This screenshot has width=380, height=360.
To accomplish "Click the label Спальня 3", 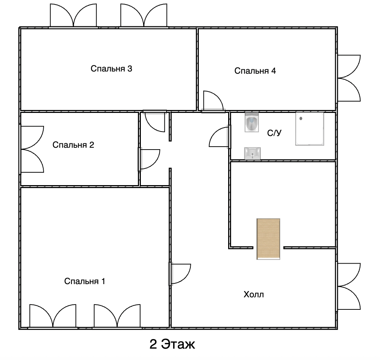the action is coord(112,69).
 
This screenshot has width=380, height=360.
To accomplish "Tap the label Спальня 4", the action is coord(255,71).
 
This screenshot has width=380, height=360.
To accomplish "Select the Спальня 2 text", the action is coord(73,145).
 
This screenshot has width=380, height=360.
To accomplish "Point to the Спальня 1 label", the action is coord(85,281).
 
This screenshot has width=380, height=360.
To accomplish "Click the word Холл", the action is coord(253,295).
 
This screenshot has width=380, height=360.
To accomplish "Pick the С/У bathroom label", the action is coord(274,133).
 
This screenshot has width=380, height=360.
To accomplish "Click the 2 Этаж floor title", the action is coord(172,344).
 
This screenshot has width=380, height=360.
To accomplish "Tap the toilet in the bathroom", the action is coord(252,122).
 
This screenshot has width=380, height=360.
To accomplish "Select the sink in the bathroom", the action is coord(252,153).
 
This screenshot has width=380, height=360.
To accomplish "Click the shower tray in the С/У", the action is coord(310,129).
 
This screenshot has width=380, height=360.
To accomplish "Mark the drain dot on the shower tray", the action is coord(301,118).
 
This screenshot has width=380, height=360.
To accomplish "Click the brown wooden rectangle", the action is coord(268,239).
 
